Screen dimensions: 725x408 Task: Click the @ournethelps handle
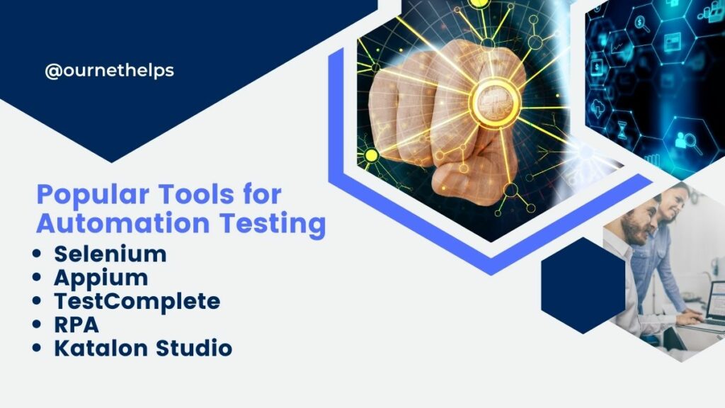[x=109, y=71]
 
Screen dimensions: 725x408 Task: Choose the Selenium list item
[x=110, y=254]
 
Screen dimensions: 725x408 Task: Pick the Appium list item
[x=101, y=278]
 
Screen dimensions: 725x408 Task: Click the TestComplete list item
[x=137, y=302]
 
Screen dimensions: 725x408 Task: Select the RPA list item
[x=76, y=324]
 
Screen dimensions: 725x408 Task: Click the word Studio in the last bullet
[x=194, y=348]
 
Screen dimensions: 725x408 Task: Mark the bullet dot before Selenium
[x=37, y=254]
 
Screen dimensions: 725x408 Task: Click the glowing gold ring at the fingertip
[x=495, y=103]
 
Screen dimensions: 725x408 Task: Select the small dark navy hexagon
[x=583, y=285]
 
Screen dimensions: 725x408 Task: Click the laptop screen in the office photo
[x=717, y=300]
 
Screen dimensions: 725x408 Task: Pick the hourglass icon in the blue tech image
[x=622, y=130]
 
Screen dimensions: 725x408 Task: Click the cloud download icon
[x=597, y=108]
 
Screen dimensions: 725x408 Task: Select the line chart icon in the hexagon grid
[x=617, y=45]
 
